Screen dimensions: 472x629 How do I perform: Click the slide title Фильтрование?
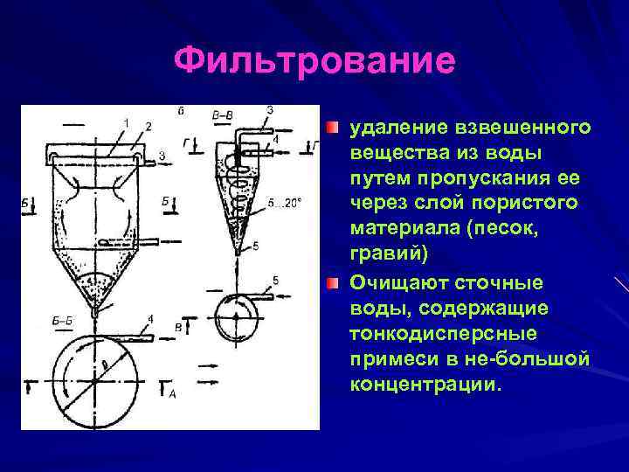(314, 61)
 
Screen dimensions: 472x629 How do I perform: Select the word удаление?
(396, 128)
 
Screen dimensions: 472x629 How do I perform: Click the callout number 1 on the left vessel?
(126, 121)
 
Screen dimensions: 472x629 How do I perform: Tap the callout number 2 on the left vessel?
(148, 127)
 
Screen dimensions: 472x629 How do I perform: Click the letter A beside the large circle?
(172, 396)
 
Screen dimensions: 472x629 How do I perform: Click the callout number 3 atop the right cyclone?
(269, 109)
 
